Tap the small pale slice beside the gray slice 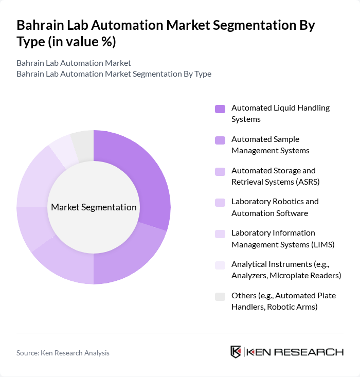63,151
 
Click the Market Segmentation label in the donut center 94,207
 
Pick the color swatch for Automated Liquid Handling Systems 220,109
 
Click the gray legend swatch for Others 220,296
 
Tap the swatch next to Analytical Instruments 220,265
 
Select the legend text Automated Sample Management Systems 270,145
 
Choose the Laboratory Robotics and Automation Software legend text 275,207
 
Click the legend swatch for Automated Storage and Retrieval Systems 220,171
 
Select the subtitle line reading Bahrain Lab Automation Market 74,63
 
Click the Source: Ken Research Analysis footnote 63,353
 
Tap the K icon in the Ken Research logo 236,352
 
